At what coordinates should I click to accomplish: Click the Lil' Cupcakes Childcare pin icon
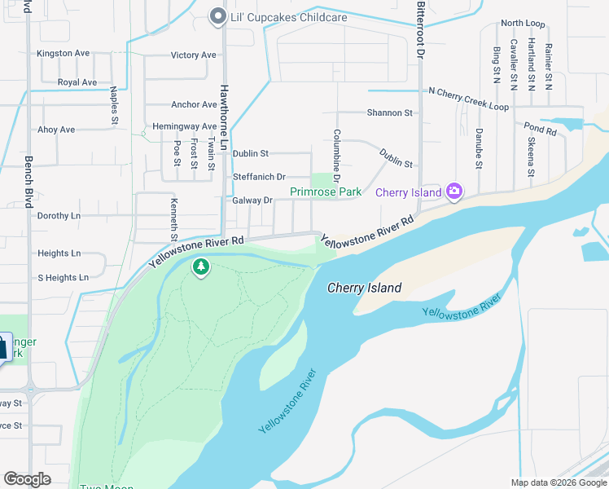coord(217,17)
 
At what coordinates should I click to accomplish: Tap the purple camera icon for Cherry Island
coord(454,192)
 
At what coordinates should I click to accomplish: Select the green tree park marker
coord(201,267)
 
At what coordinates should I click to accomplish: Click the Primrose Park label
coord(326,192)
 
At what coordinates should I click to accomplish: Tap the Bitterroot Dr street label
coord(421,29)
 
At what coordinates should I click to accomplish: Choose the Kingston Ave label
coord(63,53)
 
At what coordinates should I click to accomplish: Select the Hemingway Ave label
coord(183,127)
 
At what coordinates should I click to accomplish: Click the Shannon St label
coord(389,112)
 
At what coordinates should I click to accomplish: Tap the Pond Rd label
coord(540,129)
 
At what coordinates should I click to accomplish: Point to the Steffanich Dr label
coord(259,177)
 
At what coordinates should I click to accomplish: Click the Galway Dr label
coord(252,200)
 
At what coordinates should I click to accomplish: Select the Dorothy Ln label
coord(59,216)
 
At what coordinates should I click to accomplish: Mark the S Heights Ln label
coord(63,278)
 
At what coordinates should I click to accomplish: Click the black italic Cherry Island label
coord(364,288)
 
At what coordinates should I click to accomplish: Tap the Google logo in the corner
coord(27,479)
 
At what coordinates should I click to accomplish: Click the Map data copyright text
coord(559,482)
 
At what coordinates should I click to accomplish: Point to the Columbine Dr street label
coord(335,155)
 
